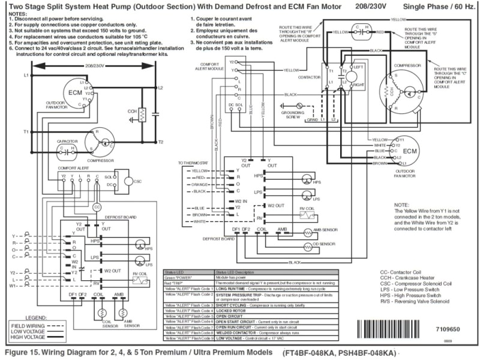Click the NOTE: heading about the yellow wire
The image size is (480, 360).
coord(403,205)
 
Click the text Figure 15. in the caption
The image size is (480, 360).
coord(23,352)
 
